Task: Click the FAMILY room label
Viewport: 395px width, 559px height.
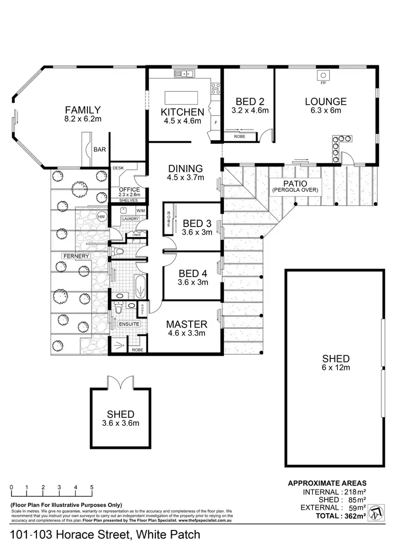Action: [x=83, y=110]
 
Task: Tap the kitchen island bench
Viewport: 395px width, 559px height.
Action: [x=182, y=98]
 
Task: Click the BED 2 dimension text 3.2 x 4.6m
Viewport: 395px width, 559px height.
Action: [x=250, y=111]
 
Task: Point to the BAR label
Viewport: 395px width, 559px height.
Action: [x=100, y=150]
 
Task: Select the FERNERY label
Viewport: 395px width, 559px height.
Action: [x=76, y=256]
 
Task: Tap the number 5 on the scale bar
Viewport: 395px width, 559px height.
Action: [x=92, y=487]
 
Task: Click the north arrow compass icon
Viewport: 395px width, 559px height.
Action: [x=376, y=512]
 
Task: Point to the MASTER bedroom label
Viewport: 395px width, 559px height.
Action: [x=187, y=324]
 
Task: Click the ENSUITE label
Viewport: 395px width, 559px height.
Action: [x=128, y=324]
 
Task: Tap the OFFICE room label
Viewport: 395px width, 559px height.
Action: [x=129, y=190]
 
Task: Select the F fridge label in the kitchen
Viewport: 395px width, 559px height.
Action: [x=215, y=123]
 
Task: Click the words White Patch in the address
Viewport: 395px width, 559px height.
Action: [x=168, y=535]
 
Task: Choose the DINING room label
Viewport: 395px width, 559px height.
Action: [x=185, y=169]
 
